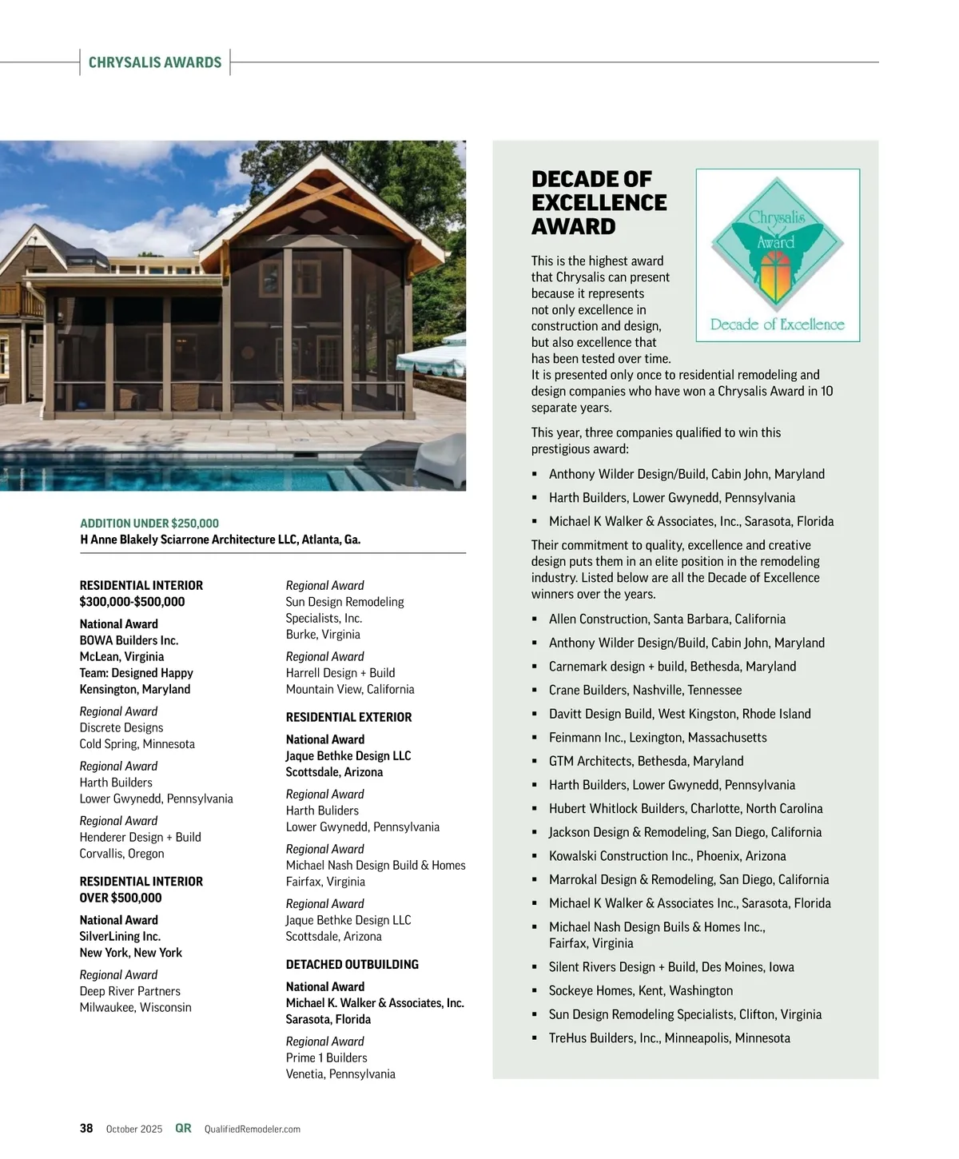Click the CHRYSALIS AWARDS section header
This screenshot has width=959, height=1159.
pos(155,62)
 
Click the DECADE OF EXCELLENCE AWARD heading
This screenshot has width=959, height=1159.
pos(599,202)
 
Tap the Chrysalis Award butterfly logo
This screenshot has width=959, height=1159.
pos(778,255)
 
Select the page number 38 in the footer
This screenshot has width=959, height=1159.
pos(86,1129)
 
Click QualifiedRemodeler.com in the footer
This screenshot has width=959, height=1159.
pos(253,1129)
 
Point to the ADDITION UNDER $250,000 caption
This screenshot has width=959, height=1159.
pos(149,524)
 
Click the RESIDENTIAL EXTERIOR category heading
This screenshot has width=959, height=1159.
pos(348,717)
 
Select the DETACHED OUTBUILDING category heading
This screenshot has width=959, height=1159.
pos(352,964)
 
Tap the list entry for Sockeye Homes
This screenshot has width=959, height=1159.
pos(640,990)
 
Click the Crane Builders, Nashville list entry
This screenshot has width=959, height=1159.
pos(645,690)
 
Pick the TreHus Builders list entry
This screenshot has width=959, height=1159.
pos(669,1038)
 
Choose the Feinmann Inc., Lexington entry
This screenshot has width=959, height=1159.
pos(657,737)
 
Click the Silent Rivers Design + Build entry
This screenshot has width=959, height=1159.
pos(671,966)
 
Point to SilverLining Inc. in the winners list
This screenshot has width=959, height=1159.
pos(120,936)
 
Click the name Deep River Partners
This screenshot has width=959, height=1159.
pos(129,991)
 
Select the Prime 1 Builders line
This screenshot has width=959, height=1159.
pos(326,1057)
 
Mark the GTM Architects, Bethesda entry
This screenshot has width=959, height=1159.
pos(646,761)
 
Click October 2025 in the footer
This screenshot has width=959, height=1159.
pos(134,1129)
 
